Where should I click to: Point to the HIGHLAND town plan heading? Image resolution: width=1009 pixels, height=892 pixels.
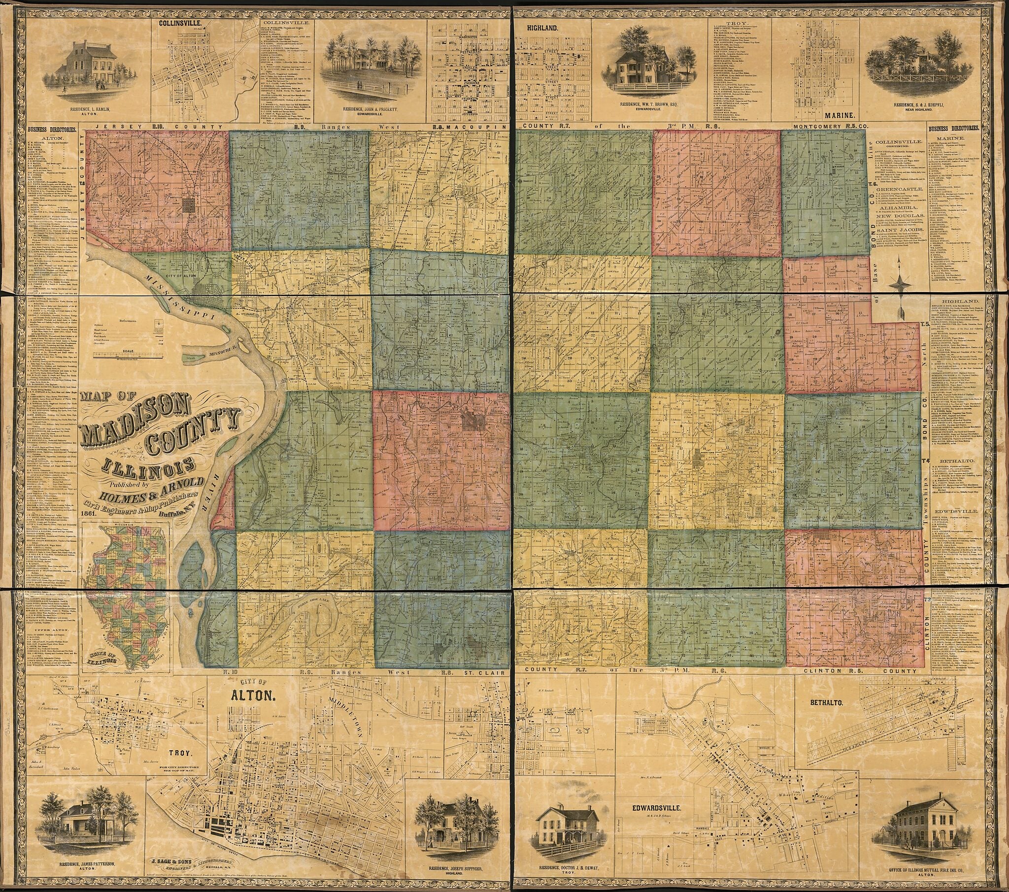tap(542, 29)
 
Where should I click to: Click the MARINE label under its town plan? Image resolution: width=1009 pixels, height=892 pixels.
tap(832, 116)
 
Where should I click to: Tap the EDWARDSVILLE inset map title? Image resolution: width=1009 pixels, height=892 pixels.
tap(657, 808)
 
